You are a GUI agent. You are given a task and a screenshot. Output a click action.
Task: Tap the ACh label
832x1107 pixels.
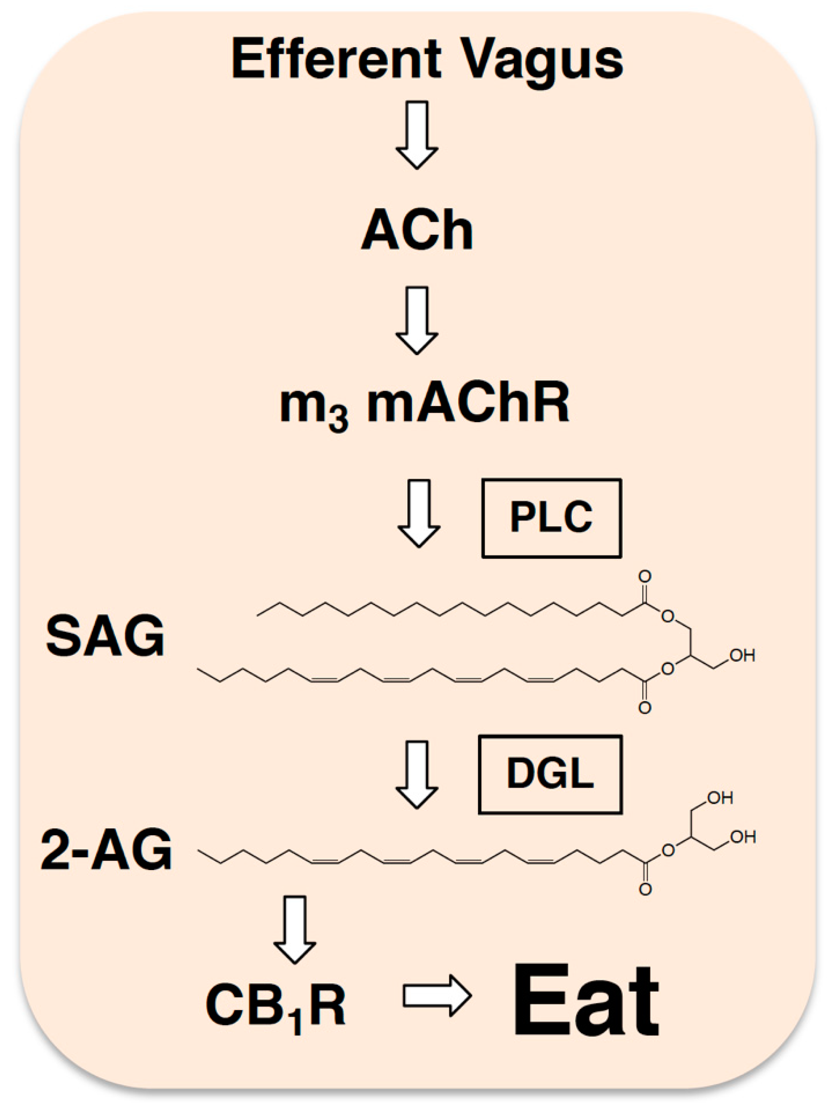[417, 230]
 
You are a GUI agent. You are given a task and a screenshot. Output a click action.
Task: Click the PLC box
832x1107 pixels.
[551, 518]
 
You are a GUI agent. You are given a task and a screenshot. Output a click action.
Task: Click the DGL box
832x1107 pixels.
[550, 774]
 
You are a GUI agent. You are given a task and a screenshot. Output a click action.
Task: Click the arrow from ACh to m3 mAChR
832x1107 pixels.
[417, 320]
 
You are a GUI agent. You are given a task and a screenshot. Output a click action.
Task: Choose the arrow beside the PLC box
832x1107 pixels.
[418, 513]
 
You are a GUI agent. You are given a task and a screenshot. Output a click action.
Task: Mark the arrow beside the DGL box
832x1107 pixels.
[417, 774]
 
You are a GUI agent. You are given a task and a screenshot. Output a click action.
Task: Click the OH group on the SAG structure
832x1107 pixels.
[742, 656]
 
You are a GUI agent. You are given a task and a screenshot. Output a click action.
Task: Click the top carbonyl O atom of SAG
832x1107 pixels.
[645, 577]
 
